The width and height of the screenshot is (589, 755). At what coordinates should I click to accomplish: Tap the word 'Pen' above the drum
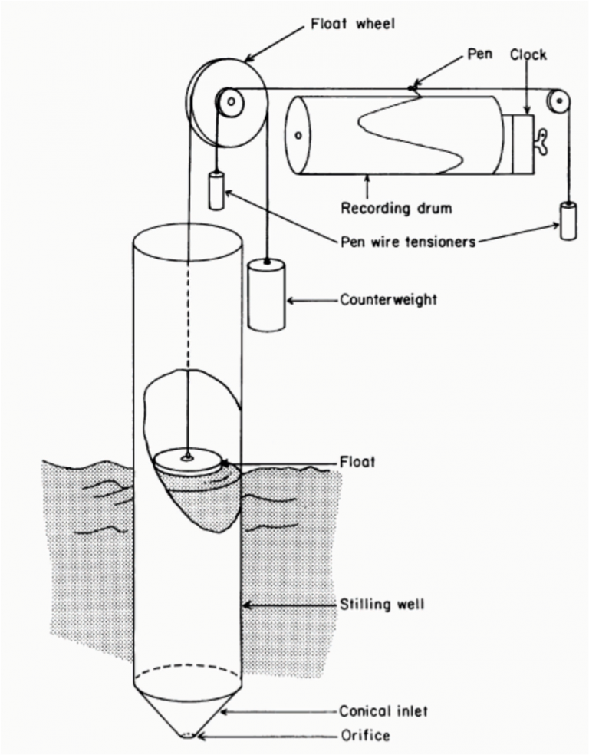pos(480,56)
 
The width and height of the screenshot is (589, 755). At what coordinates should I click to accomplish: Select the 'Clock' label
pos(528,56)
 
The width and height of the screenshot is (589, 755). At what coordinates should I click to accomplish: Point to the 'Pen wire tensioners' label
pos(410,242)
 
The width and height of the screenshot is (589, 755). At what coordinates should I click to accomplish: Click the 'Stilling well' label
pos(382,605)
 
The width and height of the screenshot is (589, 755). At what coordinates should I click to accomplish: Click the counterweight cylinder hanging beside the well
pos(266,295)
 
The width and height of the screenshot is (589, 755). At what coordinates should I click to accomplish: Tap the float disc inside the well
pos(188,462)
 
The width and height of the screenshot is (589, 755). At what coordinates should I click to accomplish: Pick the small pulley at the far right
pos(557,100)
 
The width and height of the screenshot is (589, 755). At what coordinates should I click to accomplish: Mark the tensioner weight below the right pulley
pos(568,221)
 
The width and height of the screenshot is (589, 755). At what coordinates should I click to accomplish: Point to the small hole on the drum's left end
pos(298,135)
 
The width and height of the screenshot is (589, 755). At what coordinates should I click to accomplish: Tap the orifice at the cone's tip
pos(189,735)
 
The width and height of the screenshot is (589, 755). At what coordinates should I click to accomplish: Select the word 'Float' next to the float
pos(357,463)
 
